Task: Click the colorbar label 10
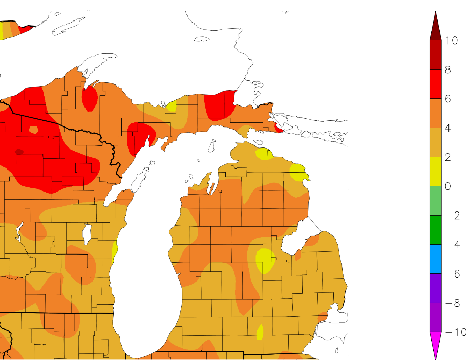tap(451, 41)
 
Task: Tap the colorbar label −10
tap(454, 332)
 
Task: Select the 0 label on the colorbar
tap(447, 186)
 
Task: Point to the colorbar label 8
tap(447, 70)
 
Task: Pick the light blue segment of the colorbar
tap(436, 259)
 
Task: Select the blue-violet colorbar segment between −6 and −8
tap(436, 288)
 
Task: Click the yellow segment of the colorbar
tap(436, 172)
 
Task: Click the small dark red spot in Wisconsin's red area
tap(19, 151)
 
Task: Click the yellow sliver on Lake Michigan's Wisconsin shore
tap(115, 249)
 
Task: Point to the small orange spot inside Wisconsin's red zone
tap(34, 130)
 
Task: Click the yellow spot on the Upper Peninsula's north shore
tap(171, 107)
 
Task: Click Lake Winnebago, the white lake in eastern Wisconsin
tap(88, 235)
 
